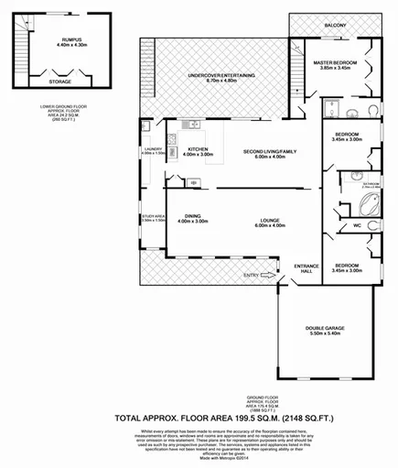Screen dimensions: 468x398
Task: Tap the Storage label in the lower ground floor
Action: [60, 82]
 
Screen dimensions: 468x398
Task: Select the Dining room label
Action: [191, 216]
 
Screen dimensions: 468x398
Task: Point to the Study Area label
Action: [152, 217]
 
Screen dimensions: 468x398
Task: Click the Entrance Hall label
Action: [305, 267]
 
